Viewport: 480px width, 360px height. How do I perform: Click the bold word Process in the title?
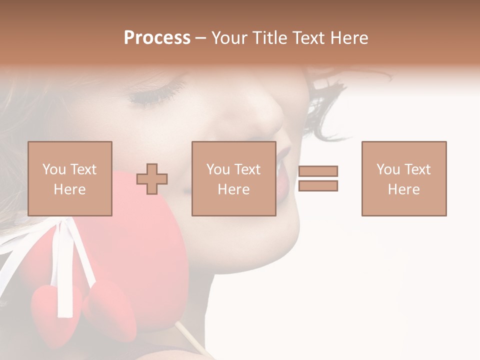157,38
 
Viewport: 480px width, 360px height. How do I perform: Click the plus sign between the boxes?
152,179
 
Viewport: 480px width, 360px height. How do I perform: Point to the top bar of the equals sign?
318,171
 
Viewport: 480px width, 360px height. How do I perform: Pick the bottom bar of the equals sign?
318,186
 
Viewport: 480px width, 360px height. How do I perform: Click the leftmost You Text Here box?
70,178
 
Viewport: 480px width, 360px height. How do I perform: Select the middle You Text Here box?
233,178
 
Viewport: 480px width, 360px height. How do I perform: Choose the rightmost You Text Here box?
404,178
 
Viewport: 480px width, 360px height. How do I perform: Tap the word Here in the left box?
70,189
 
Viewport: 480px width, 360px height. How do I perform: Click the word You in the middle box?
218,169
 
